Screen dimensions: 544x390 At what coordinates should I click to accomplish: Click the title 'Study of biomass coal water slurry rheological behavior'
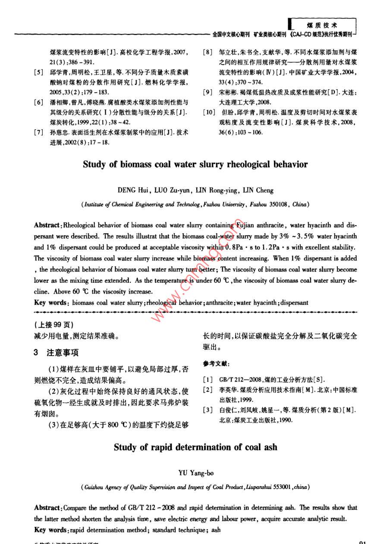click(x=195, y=164)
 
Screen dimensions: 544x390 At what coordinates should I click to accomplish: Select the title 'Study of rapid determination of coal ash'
click(x=195, y=447)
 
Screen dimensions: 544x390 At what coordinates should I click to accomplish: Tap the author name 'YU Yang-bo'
click(x=195, y=473)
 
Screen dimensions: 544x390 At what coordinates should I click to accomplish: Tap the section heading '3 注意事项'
click(x=56, y=353)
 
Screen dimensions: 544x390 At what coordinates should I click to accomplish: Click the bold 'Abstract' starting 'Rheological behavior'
click(x=47, y=225)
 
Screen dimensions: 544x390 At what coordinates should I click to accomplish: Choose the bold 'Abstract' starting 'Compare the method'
click(x=47, y=508)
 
